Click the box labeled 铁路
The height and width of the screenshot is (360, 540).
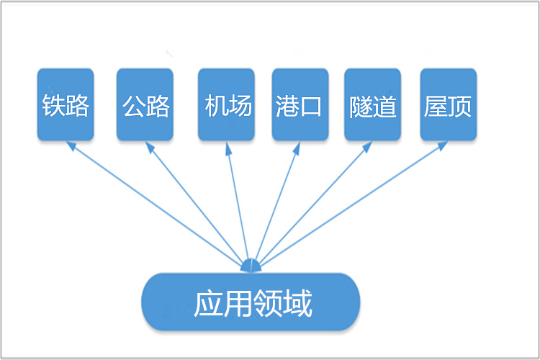(66, 104)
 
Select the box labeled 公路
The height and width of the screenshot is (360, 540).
(145, 104)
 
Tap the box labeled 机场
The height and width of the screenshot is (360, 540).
(226, 104)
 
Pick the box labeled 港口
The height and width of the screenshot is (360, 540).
(300, 104)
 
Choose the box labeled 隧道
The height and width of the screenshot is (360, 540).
(372, 104)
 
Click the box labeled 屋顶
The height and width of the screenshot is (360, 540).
(448, 104)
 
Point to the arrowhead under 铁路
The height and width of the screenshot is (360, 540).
(71, 145)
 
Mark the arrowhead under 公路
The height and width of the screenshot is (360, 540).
(149, 148)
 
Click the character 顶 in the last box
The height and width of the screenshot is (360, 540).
(459, 106)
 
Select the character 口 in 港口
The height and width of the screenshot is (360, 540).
(311, 107)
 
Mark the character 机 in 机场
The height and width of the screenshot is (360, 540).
(215, 106)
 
